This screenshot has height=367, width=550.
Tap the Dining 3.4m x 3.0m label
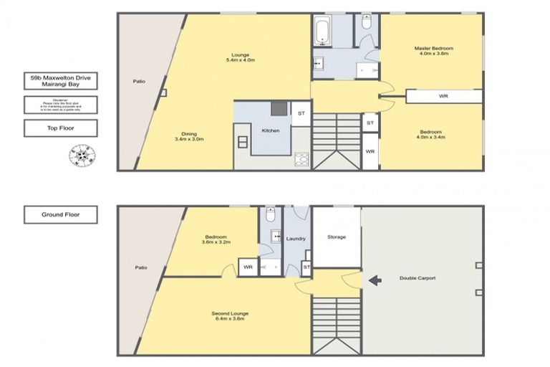tap(188, 135)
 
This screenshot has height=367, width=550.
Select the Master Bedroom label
tap(433, 51)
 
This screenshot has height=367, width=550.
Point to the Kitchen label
tap(270, 131)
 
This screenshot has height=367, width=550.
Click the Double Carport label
tap(418, 278)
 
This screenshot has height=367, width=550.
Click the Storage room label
tap(337, 237)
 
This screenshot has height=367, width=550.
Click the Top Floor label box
tap(60, 128)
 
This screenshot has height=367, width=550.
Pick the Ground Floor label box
tap(60, 214)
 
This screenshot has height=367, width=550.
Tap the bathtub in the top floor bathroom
tap(320, 32)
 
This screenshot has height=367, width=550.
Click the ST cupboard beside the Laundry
tap(306, 267)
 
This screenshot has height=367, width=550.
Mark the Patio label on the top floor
tap(140, 81)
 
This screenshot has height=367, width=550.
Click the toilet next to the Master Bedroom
tap(366, 24)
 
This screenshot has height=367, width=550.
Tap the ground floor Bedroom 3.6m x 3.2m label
tap(216, 240)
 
